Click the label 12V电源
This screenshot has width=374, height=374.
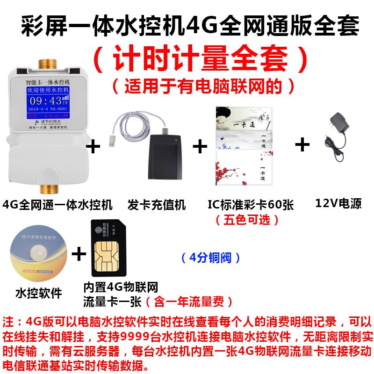coord(338,204)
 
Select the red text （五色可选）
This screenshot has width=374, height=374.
coord(248,219)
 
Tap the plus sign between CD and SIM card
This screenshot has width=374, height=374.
coord(79,254)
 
